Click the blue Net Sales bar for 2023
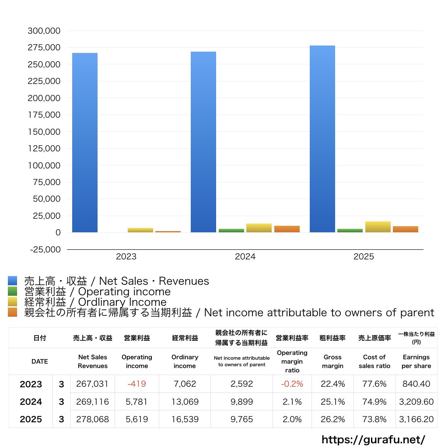(x=85, y=143)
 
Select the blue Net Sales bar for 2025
(x=322, y=139)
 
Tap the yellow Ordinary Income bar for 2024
(x=259, y=228)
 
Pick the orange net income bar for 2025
(x=405, y=229)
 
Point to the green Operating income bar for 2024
(x=231, y=231)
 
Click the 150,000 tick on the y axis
(x=44, y=132)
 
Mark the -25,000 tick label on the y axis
(x=44, y=249)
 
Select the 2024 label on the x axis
(x=245, y=257)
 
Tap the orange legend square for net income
(x=12, y=312)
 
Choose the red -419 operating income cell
(x=136, y=384)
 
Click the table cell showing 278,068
(x=92, y=419)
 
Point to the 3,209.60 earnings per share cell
(x=416, y=402)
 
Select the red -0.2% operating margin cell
(x=292, y=384)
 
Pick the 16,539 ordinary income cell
(x=185, y=419)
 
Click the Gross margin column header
(x=332, y=361)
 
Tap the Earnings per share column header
(x=416, y=361)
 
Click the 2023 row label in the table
(x=31, y=384)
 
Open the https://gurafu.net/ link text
(x=373, y=439)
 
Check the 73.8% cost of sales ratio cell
(x=374, y=419)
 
